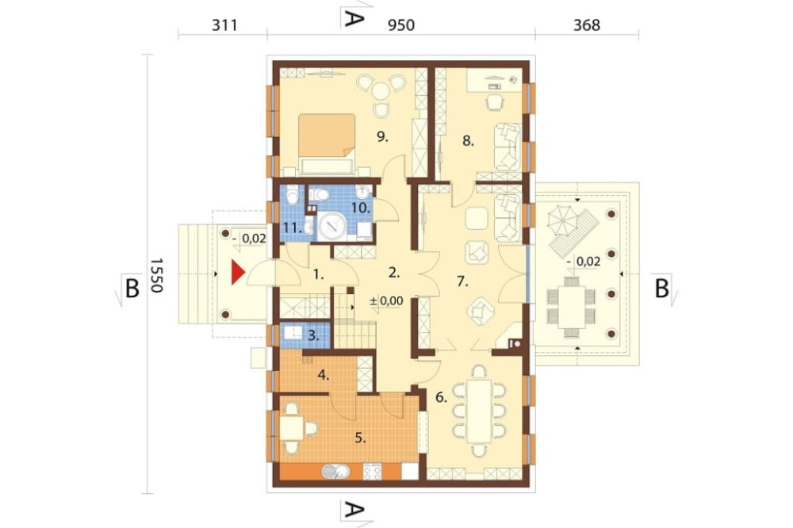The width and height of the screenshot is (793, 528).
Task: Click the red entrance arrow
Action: point(238,273)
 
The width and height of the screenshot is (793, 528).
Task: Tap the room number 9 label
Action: point(382,136)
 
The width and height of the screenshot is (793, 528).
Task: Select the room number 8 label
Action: point(469,141)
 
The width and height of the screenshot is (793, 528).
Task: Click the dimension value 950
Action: point(401,25)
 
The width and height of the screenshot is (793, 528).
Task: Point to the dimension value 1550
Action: point(155,275)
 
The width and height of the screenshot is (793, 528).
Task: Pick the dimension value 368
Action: point(587,25)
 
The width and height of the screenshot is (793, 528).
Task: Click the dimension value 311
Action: point(224,25)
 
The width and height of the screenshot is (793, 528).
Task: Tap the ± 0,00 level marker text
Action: point(386,301)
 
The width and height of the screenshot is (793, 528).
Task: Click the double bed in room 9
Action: point(327,144)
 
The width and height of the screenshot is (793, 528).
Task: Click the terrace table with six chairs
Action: point(572,308)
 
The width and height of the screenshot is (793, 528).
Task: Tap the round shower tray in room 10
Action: point(332,226)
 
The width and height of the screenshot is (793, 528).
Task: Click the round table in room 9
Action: point(381,91)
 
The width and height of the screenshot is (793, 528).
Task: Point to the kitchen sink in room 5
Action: point(335,472)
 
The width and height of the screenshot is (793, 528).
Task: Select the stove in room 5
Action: point(372,472)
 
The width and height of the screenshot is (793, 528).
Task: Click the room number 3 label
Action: point(313,335)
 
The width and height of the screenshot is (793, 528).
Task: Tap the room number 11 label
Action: point(293,228)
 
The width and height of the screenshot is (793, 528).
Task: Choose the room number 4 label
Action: point(324,375)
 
